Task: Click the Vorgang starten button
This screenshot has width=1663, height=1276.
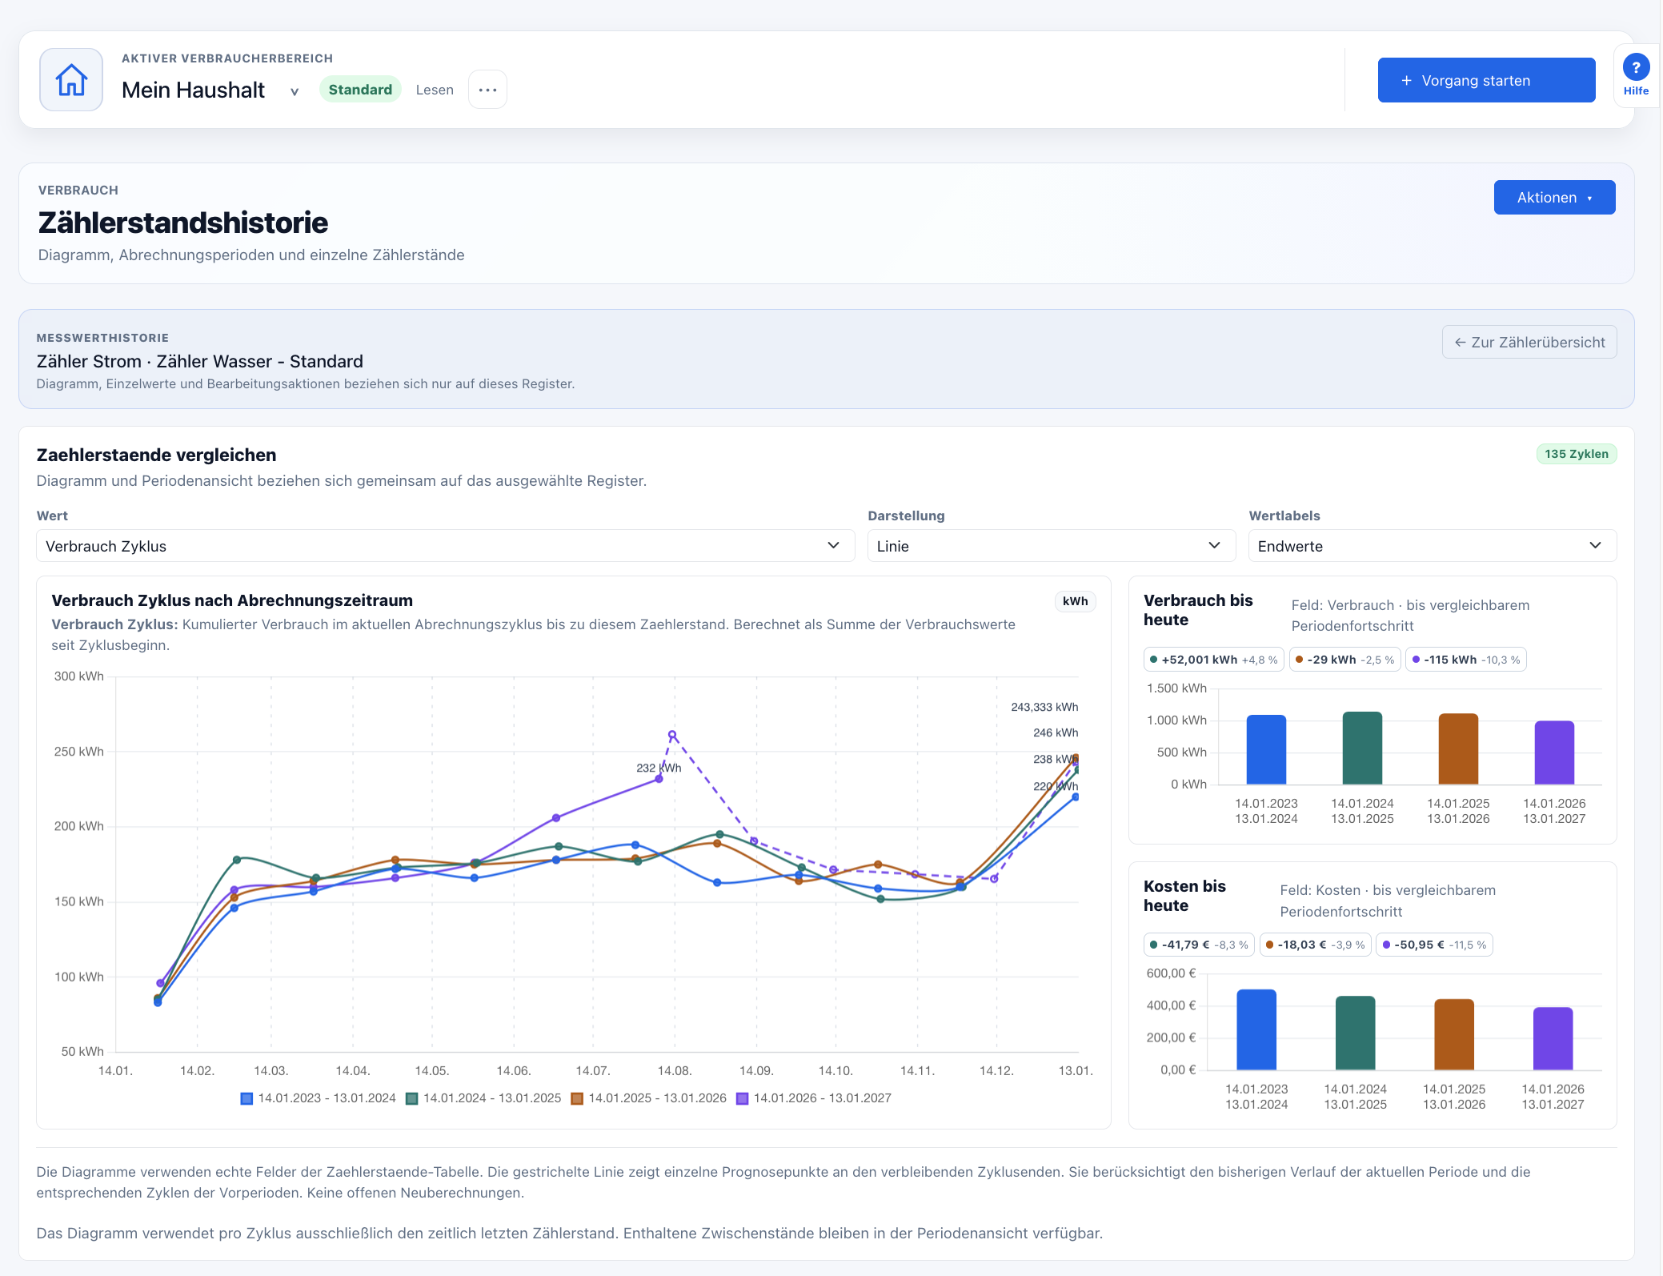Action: [x=1486, y=80]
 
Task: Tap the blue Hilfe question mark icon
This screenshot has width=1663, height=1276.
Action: [x=1636, y=67]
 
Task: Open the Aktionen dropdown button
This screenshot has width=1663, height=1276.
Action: [x=1554, y=198]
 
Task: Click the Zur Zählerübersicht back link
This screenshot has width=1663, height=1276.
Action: [x=1529, y=342]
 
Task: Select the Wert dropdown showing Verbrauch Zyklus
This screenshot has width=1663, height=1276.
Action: [x=445, y=546]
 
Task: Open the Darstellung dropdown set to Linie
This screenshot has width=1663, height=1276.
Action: [x=1051, y=546]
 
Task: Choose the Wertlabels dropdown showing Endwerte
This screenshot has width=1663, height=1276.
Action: [x=1432, y=546]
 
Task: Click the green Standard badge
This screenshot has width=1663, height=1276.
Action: [x=360, y=90]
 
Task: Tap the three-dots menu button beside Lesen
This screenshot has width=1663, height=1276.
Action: [x=487, y=90]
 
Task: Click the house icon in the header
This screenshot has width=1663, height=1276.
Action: [x=71, y=80]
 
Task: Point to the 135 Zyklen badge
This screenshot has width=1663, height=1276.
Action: [x=1576, y=454]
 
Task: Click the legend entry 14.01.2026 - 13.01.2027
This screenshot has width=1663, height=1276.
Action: [x=814, y=1098]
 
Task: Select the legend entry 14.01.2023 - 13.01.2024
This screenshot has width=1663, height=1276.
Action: [x=319, y=1098]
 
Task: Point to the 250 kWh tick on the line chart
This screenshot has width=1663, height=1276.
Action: [x=78, y=752]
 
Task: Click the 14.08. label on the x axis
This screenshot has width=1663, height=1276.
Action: [x=674, y=1071]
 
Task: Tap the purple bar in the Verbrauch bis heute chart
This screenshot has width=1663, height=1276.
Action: [x=1554, y=752]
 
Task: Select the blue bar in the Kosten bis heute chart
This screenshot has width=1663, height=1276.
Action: [x=1256, y=1029]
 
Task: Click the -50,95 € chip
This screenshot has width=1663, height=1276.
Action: [x=1434, y=945]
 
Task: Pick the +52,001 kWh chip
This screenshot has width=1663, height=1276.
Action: [x=1214, y=660]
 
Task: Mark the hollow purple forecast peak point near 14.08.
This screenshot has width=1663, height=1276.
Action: [x=672, y=735]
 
